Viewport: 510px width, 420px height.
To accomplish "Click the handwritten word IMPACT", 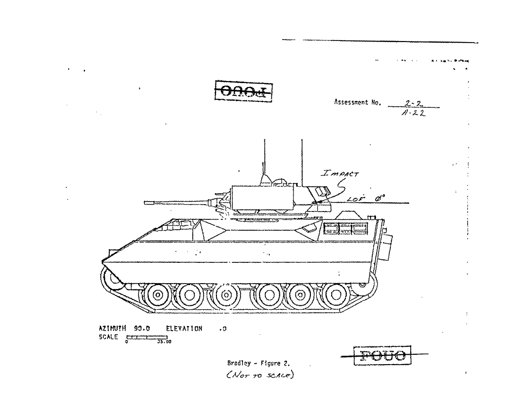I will (x=340, y=173).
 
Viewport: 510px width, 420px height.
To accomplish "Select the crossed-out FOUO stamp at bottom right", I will (x=382, y=355).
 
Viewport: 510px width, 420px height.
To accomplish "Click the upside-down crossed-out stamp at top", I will (x=243, y=91).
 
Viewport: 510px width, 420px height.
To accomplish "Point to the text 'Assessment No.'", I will (x=358, y=103).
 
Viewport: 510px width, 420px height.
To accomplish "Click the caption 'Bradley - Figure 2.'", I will (x=258, y=363).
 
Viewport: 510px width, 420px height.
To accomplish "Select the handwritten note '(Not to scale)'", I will (x=259, y=375).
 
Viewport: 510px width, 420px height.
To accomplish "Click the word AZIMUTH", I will (x=113, y=328).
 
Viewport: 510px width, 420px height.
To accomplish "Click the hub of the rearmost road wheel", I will (x=336, y=295).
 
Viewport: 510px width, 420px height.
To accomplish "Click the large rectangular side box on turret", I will (x=263, y=197).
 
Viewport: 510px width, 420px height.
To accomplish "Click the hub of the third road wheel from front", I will (x=226, y=295).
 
